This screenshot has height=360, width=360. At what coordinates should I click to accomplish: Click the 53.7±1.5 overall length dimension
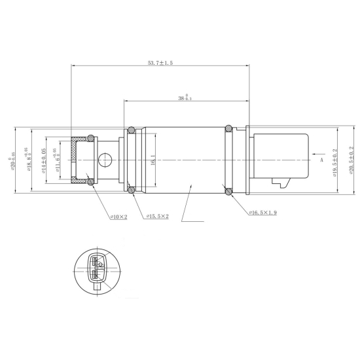click(x=160, y=62)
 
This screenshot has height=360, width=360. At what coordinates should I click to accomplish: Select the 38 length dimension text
click(x=185, y=98)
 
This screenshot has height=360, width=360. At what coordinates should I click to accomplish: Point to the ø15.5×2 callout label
click(x=158, y=216)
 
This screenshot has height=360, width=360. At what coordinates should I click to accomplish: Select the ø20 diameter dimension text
click(x=14, y=159)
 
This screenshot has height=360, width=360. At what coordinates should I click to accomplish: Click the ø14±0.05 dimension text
click(x=43, y=160)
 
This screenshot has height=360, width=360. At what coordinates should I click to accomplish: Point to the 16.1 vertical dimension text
click(x=153, y=159)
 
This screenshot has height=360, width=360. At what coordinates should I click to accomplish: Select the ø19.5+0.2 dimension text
click(x=335, y=160)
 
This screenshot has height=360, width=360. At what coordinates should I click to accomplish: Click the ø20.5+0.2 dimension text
click(x=352, y=160)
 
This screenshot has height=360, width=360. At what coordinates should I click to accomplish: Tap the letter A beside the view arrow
click(x=321, y=159)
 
